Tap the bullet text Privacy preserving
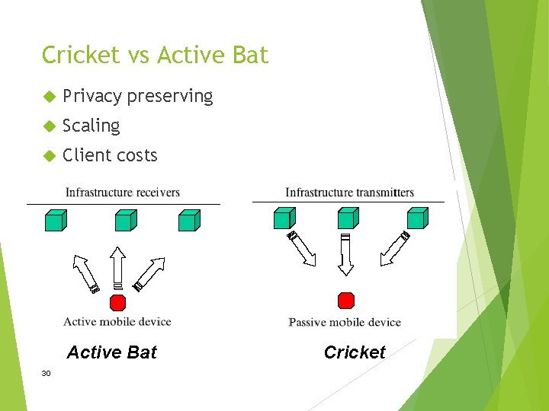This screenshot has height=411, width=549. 137,96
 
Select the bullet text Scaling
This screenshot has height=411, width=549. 91,126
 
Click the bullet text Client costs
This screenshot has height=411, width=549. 110,155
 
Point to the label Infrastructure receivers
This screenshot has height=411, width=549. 123,193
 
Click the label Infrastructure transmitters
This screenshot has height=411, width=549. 349,193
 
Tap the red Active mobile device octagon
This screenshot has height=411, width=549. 117,303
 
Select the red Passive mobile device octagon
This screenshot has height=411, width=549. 345,300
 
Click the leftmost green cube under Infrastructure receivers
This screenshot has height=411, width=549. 55,220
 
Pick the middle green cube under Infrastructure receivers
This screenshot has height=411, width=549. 125,220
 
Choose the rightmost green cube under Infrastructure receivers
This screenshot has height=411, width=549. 188,220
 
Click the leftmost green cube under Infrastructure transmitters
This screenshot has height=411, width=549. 283,218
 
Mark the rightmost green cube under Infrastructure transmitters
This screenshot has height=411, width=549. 416,218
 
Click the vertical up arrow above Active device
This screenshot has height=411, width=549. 117,267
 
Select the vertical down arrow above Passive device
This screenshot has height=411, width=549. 345,255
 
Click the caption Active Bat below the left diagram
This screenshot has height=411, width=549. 111,352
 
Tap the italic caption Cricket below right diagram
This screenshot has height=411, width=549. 355,352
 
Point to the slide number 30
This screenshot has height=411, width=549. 47,373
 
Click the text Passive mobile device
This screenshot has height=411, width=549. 345,322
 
